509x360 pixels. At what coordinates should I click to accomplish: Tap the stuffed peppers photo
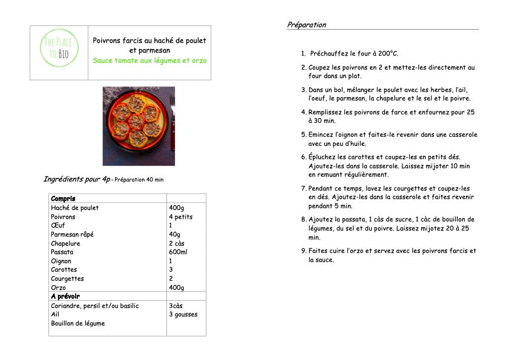[x=139, y=126]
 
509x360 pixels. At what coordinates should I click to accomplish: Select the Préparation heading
[x=306, y=25]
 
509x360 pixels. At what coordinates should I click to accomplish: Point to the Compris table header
[x=63, y=198]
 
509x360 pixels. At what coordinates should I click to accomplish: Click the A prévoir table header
[x=65, y=296]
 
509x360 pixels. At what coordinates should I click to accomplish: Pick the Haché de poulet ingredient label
[x=74, y=208]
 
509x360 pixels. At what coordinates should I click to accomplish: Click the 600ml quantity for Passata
[x=178, y=252]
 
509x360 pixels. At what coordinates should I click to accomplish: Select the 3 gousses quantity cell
[x=183, y=314]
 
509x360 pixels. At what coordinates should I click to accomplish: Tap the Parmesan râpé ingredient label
[x=72, y=234]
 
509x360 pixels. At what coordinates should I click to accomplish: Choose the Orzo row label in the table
[x=58, y=287]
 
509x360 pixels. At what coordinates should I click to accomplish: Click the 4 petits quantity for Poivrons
[x=180, y=217]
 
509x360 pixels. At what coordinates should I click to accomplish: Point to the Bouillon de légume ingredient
[x=77, y=323]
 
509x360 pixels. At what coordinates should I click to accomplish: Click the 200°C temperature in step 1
[x=386, y=53]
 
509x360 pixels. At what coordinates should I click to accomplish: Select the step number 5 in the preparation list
[x=304, y=134]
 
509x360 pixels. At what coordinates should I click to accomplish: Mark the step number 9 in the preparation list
[x=304, y=250]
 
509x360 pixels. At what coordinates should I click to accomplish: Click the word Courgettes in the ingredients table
[x=67, y=279]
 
